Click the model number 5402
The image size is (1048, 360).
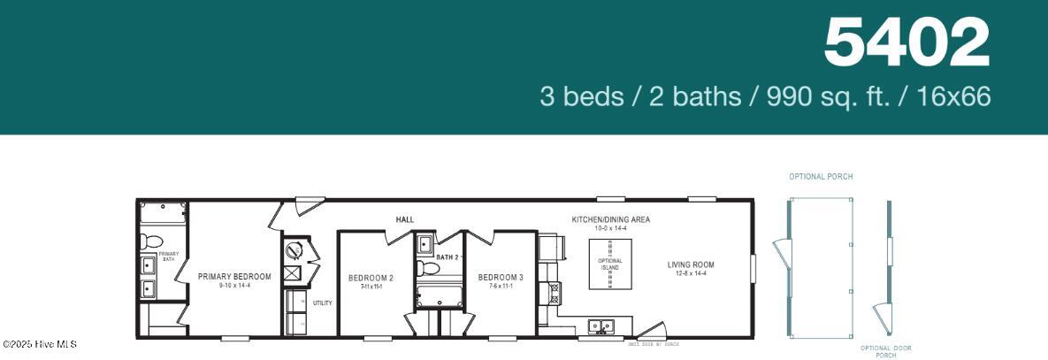pyautogui.click(x=906, y=43)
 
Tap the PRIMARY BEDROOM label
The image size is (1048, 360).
pyautogui.click(x=234, y=276)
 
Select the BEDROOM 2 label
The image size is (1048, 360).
pyautogui.click(x=371, y=278)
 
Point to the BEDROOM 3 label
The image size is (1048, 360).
pyautogui.click(x=501, y=278)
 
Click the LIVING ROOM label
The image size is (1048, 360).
pyautogui.click(x=691, y=264)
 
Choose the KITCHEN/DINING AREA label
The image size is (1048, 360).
pyautogui.click(x=610, y=219)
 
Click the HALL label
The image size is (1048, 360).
pyautogui.click(x=404, y=219)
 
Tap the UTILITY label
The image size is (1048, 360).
pyautogui.click(x=322, y=303)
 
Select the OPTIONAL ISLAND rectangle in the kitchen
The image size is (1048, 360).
pyautogui.click(x=610, y=264)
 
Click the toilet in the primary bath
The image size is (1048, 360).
pyautogui.click(x=151, y=241)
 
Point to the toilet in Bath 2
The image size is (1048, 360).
pyautogui.click(x=428, y=267)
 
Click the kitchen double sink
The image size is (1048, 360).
pyautogui.click(x=602, y=326)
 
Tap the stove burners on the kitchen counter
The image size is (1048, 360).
pyautogui.click(x=554, y=292)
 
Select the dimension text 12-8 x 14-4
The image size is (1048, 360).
pyautogui.click(x=691, y=274)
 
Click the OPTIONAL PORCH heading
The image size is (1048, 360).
pyautogui.click(x=821, y=177)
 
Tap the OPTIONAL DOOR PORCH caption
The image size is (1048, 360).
pyautogui.click(x=886, y=351)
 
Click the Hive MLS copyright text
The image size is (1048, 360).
pyautogui.click(x=40, y=344)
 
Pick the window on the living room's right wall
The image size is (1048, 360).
pyautogui.click(x=753, y=269)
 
